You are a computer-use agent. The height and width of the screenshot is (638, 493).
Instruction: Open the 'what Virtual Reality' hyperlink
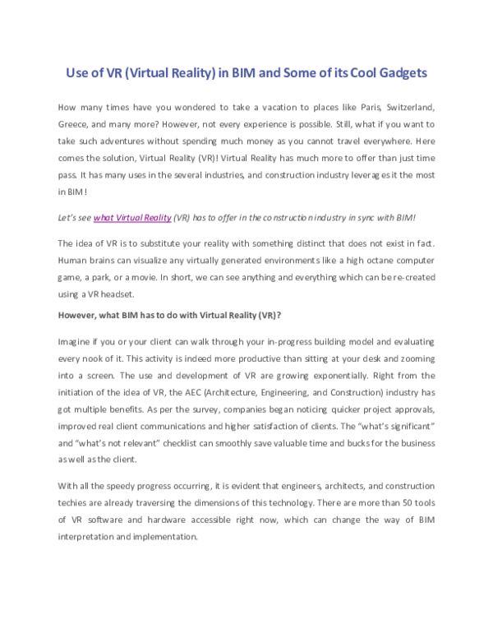[x=132, y=217]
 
